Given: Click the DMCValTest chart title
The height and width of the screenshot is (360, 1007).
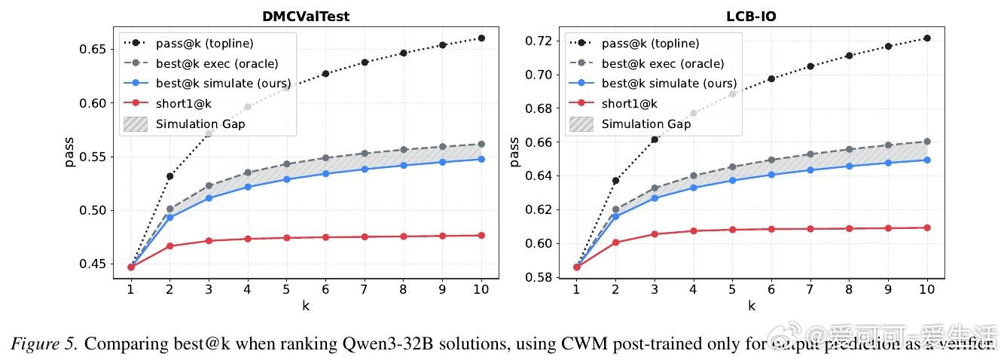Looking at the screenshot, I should pos(306,16).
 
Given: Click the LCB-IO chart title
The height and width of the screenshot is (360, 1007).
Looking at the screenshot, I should pos(752,16).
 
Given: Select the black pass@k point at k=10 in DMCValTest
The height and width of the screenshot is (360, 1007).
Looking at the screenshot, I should pos(481,38).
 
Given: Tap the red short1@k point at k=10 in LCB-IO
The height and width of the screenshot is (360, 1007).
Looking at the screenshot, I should pos(927,227).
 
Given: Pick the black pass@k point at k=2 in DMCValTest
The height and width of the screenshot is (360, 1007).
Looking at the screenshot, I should pos(170,176).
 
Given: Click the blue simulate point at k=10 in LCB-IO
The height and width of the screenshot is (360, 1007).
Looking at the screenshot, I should pos(927,160).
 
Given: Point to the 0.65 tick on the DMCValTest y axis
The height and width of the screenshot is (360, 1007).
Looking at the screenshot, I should pos(94,50).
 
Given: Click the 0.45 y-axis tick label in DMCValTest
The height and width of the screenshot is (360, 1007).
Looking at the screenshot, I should pos(94,264).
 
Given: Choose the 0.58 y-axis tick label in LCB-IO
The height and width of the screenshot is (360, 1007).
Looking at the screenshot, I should pos(541,277).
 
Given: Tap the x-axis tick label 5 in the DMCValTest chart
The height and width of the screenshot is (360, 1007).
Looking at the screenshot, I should pos(286,289).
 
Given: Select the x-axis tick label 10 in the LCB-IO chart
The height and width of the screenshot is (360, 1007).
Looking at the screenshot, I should pos(927,289).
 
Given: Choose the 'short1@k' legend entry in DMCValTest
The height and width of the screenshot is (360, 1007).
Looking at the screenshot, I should pos(181,104).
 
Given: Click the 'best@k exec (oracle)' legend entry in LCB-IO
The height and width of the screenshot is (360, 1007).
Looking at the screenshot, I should pos(663,64).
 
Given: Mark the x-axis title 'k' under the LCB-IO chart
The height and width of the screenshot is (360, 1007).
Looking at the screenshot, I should pos(752,306).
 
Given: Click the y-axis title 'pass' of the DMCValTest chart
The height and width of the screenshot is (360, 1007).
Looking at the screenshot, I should pos(69,151).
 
